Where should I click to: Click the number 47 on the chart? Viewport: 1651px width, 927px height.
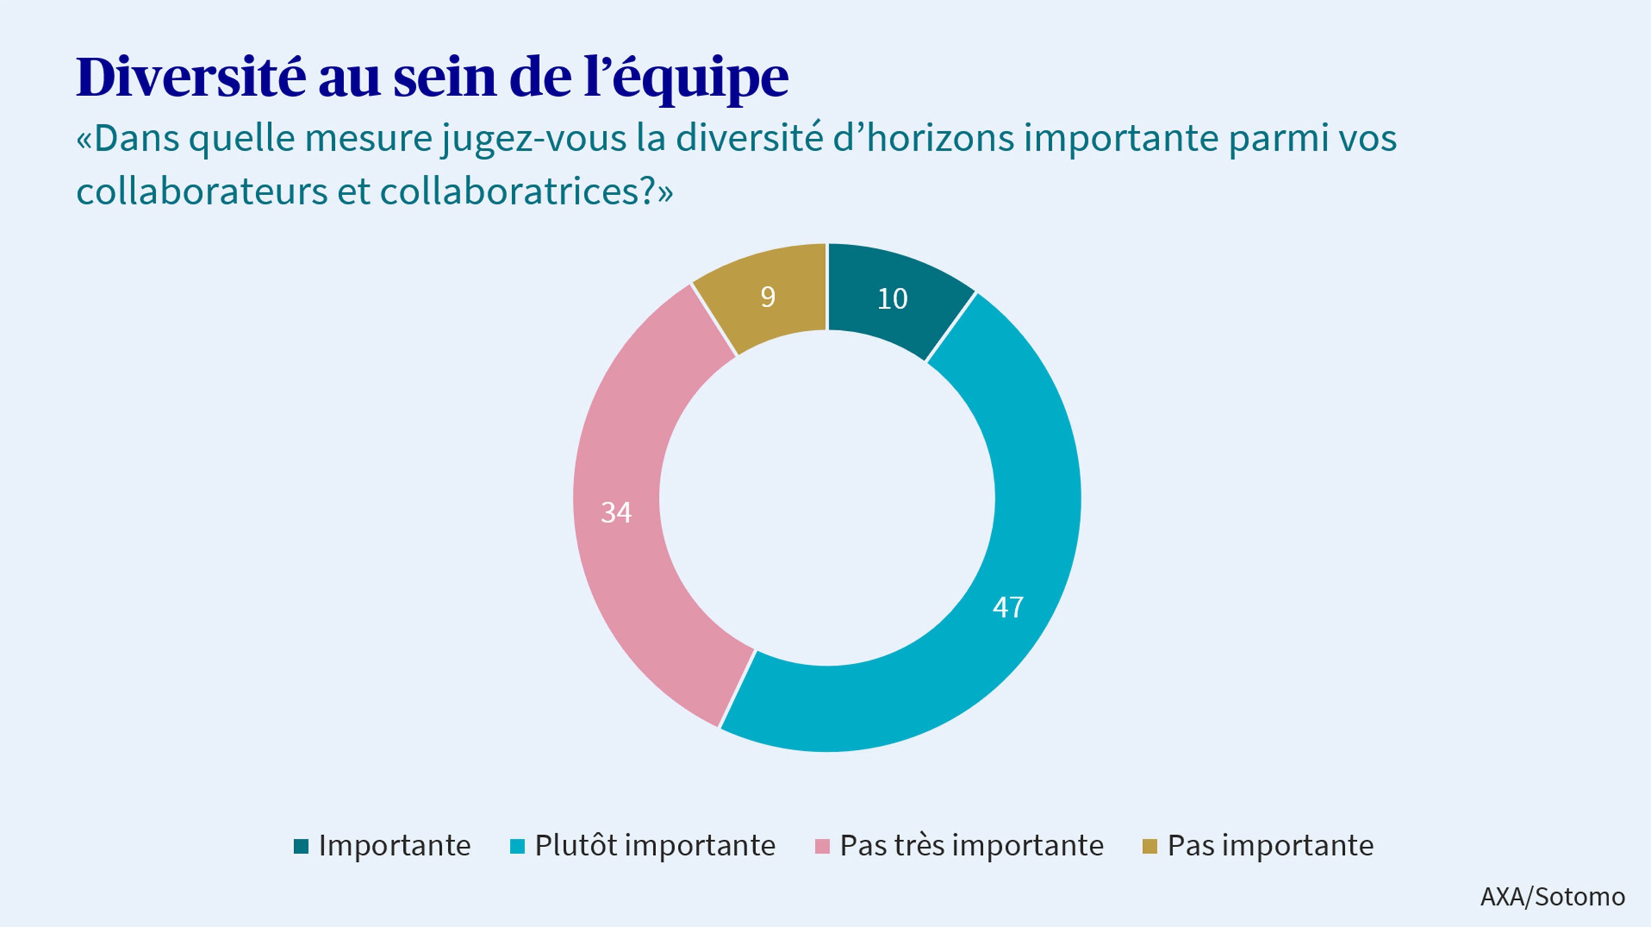1008,607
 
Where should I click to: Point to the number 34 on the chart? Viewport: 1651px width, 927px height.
616,512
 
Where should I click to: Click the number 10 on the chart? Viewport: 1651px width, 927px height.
892,299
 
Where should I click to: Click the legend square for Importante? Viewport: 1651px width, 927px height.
301,846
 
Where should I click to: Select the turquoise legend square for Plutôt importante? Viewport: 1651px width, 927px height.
517,846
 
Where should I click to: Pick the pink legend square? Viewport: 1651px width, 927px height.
822,846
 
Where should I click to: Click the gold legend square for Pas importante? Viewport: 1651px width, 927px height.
1150,846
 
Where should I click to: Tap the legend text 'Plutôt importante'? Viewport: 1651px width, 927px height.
655,845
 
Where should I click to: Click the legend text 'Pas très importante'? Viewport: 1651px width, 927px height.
972,845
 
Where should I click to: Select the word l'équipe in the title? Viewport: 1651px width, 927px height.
686,78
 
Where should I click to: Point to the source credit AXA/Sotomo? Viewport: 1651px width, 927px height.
1552,896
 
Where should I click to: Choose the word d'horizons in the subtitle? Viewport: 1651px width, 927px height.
923,138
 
